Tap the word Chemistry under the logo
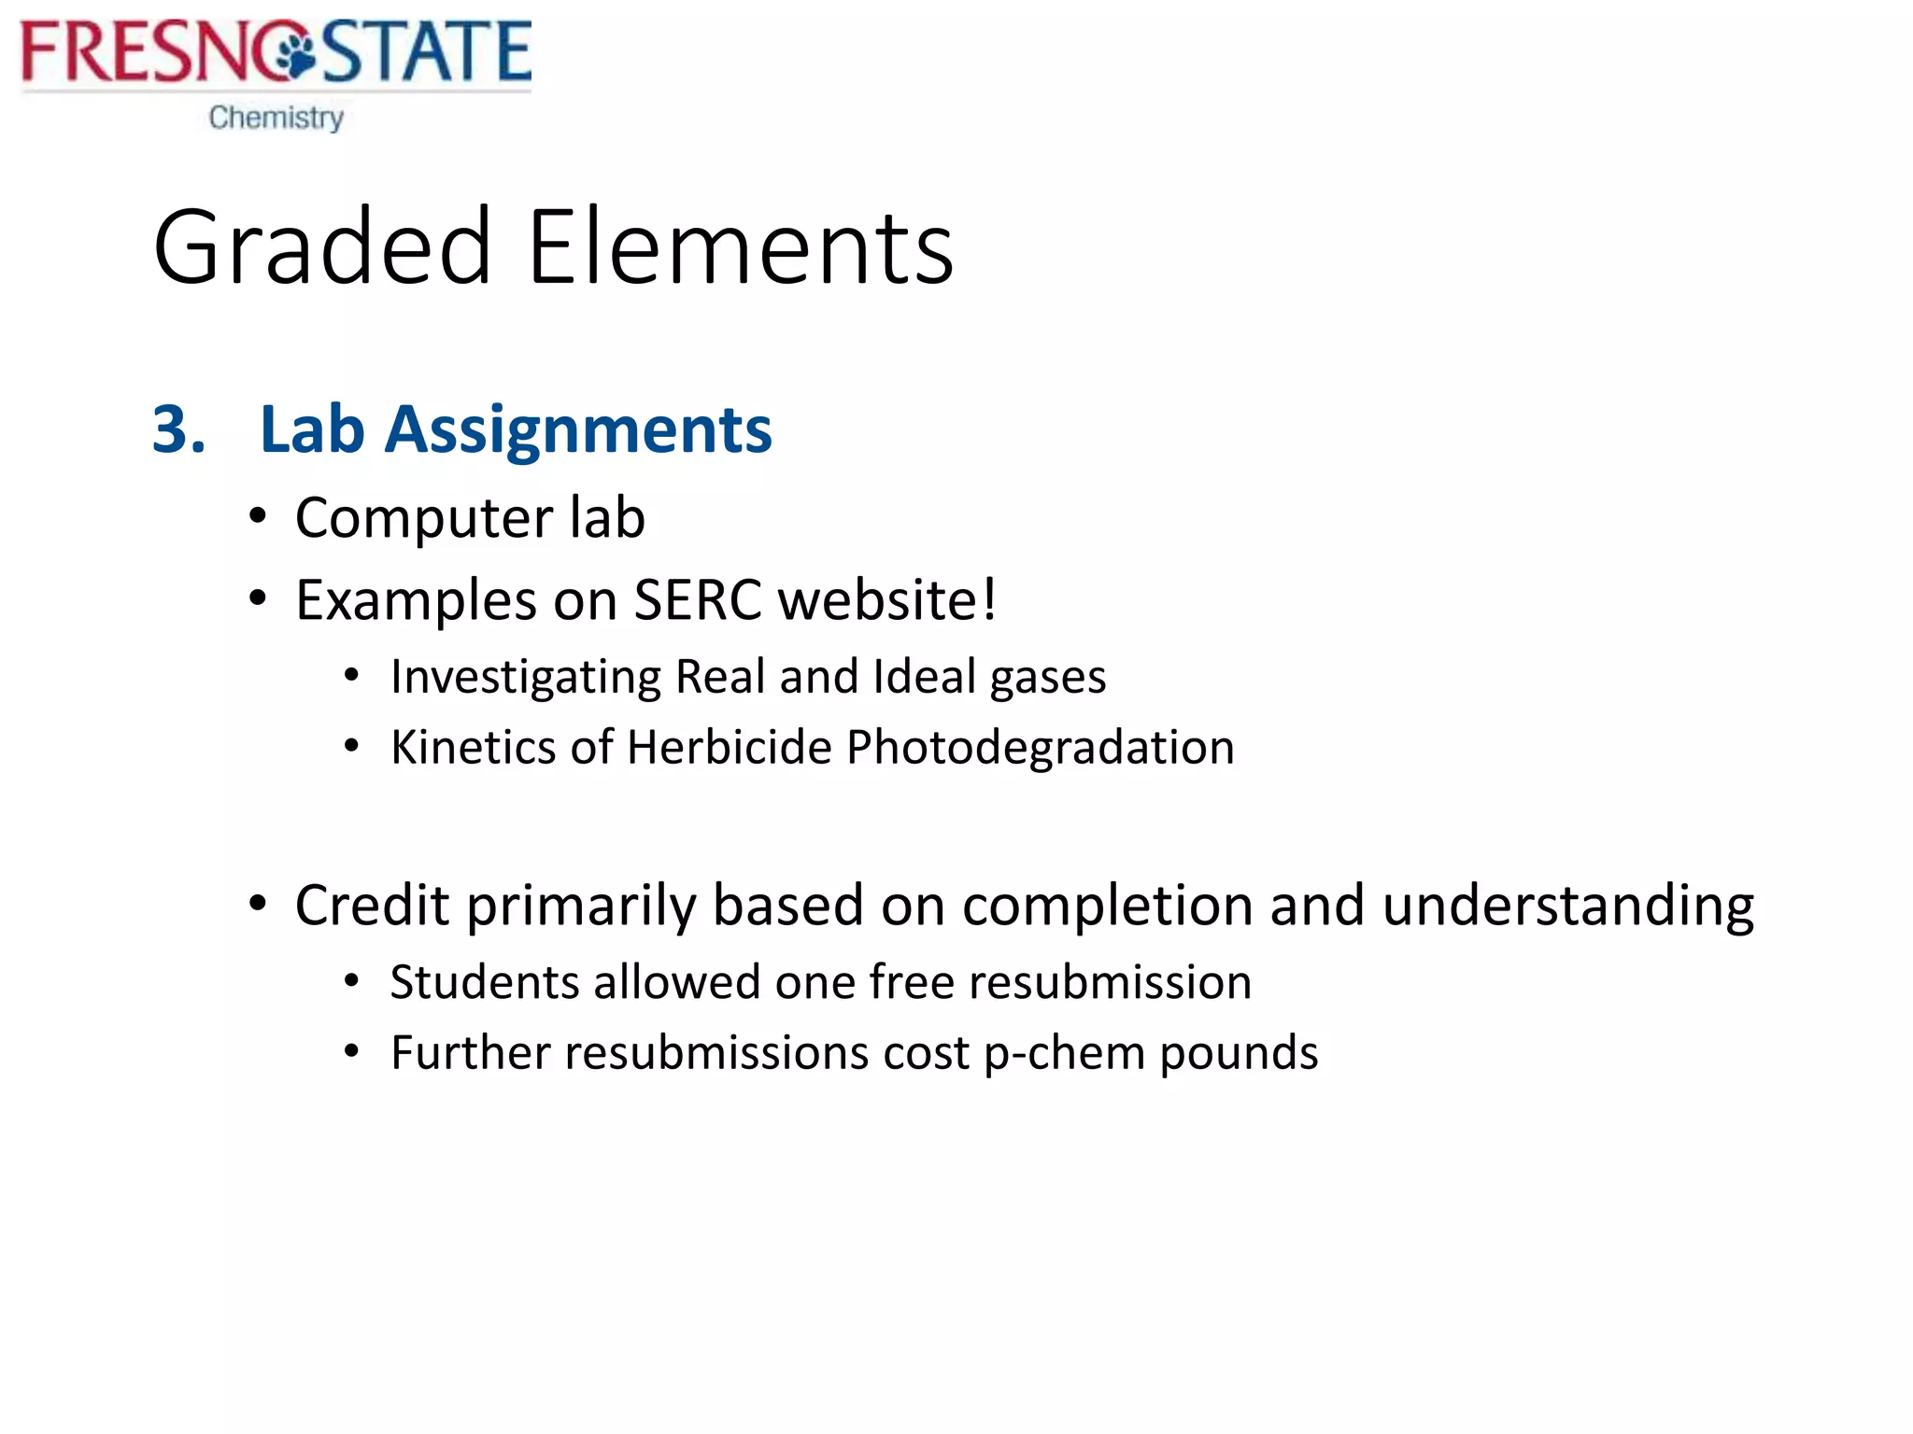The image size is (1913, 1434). pos(276,118)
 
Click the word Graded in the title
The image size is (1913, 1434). pos(322,248)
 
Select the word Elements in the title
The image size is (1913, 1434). pos(740,248)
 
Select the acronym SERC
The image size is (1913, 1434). pos(697,599)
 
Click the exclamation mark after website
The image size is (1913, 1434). pos(989,599)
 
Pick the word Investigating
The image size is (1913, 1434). pos(526,678)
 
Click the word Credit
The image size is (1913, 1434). pos(372,906)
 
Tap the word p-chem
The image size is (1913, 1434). pos(1064,1054)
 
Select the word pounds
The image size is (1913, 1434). pos(1238,1054)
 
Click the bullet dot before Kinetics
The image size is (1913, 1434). pos(351,746)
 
